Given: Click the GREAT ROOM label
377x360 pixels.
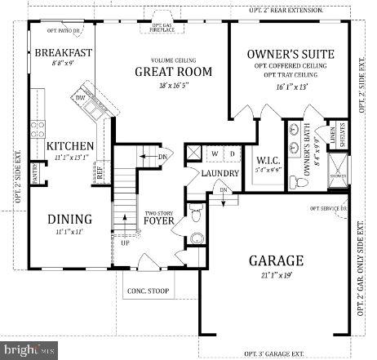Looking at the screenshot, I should point(173,72).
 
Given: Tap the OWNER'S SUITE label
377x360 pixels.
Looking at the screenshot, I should point(291,55).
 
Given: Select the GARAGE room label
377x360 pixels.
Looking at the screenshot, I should point(277,260).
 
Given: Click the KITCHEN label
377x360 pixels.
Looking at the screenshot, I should point(70,146).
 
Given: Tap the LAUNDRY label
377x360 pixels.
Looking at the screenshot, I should point(220,174).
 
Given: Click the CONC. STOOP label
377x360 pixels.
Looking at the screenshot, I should point(146,291).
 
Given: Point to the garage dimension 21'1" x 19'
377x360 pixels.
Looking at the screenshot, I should point(277,276).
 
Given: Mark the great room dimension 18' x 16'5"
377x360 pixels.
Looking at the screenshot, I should point(173,85).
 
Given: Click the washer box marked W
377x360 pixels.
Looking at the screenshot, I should point(215,153).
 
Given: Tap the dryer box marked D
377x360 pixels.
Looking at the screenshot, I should point(232,153).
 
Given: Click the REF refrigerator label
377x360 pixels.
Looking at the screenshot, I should point(100,172).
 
